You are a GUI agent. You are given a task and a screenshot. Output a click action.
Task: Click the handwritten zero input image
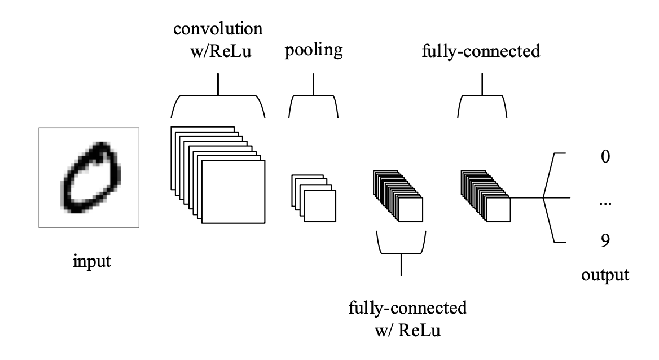pos(89,177)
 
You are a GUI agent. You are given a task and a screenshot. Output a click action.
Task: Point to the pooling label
pos(313,51)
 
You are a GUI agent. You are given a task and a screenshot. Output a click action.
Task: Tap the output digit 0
pos(605,156)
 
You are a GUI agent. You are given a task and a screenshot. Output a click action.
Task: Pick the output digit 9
pos(605,242)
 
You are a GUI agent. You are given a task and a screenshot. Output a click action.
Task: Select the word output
pos(605,276)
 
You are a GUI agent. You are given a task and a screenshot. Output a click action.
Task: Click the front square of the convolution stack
pos(233,192)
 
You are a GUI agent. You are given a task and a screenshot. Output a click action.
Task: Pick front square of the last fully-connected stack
pos(498,210)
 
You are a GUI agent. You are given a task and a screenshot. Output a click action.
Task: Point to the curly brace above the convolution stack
pos(218,102)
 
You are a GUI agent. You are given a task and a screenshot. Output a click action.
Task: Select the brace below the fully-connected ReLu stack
pos(401,248)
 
